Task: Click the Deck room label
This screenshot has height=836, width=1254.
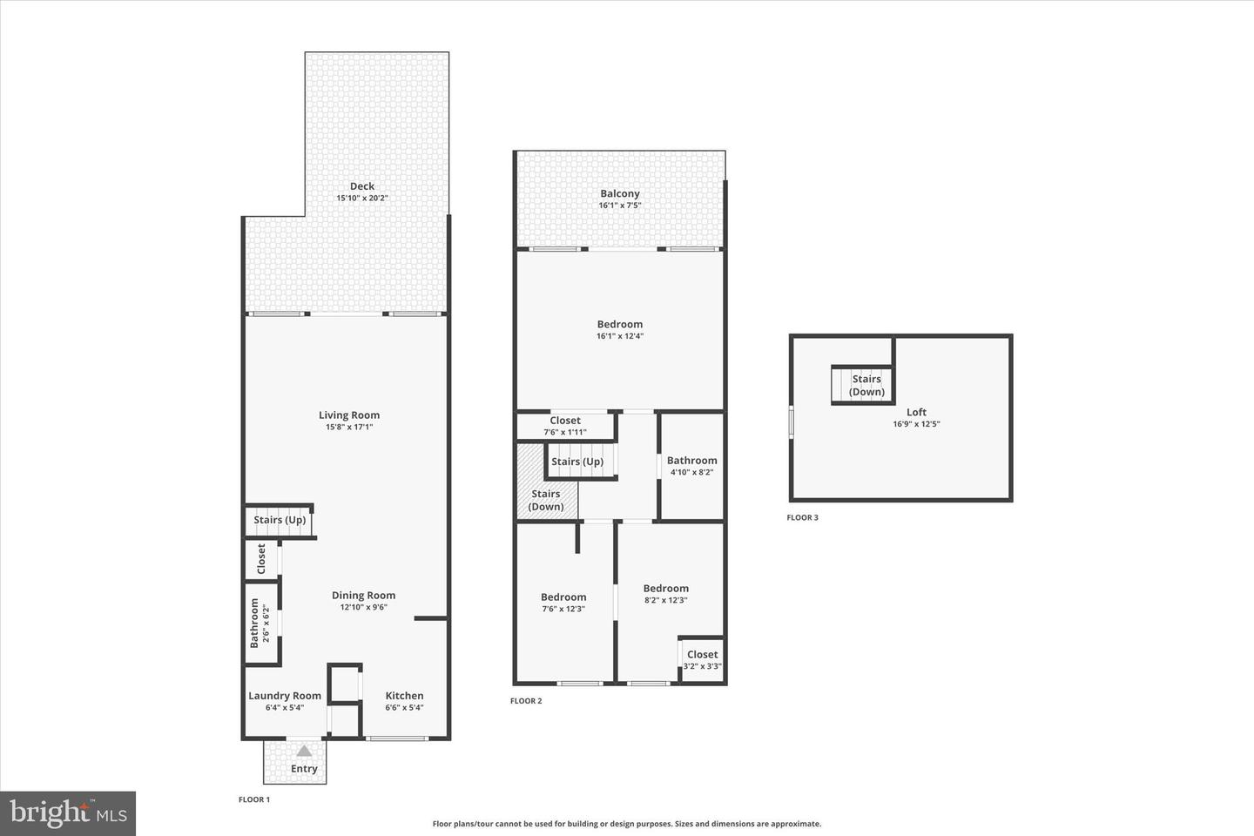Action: click(362, 185)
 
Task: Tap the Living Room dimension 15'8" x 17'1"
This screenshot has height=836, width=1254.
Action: click(349, 427)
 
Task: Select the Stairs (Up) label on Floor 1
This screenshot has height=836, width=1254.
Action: click(280, 520)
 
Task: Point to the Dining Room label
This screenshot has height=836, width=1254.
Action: click(363, 596)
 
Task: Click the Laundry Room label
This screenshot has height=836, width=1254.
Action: click(285, 696)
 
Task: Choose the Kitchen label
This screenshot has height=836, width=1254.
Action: click(404, 696)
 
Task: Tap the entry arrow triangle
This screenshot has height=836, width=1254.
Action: click(304, 751)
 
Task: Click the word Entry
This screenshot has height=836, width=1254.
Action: click(304, 769)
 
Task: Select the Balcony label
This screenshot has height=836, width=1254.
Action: click(620, 193)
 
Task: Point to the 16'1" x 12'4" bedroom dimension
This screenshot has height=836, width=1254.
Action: click(620, 336)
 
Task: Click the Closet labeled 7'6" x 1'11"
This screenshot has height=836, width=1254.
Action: click(565, 421)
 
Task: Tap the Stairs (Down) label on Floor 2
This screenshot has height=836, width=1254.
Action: click(546, 500)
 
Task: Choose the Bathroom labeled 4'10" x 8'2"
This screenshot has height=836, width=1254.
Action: click(692, 461)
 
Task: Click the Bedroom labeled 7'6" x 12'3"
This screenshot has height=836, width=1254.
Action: click(563, 597)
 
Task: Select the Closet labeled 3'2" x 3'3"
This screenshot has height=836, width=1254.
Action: click(702, 655)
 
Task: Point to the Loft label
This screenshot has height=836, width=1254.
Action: click(916, 412)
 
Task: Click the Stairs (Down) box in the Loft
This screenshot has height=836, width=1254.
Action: click(866, 385)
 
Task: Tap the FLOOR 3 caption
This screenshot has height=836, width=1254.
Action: click(802, 517)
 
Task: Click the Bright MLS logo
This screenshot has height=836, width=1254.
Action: click(67, 813)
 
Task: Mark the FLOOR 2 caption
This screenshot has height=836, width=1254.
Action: click(526, 700)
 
